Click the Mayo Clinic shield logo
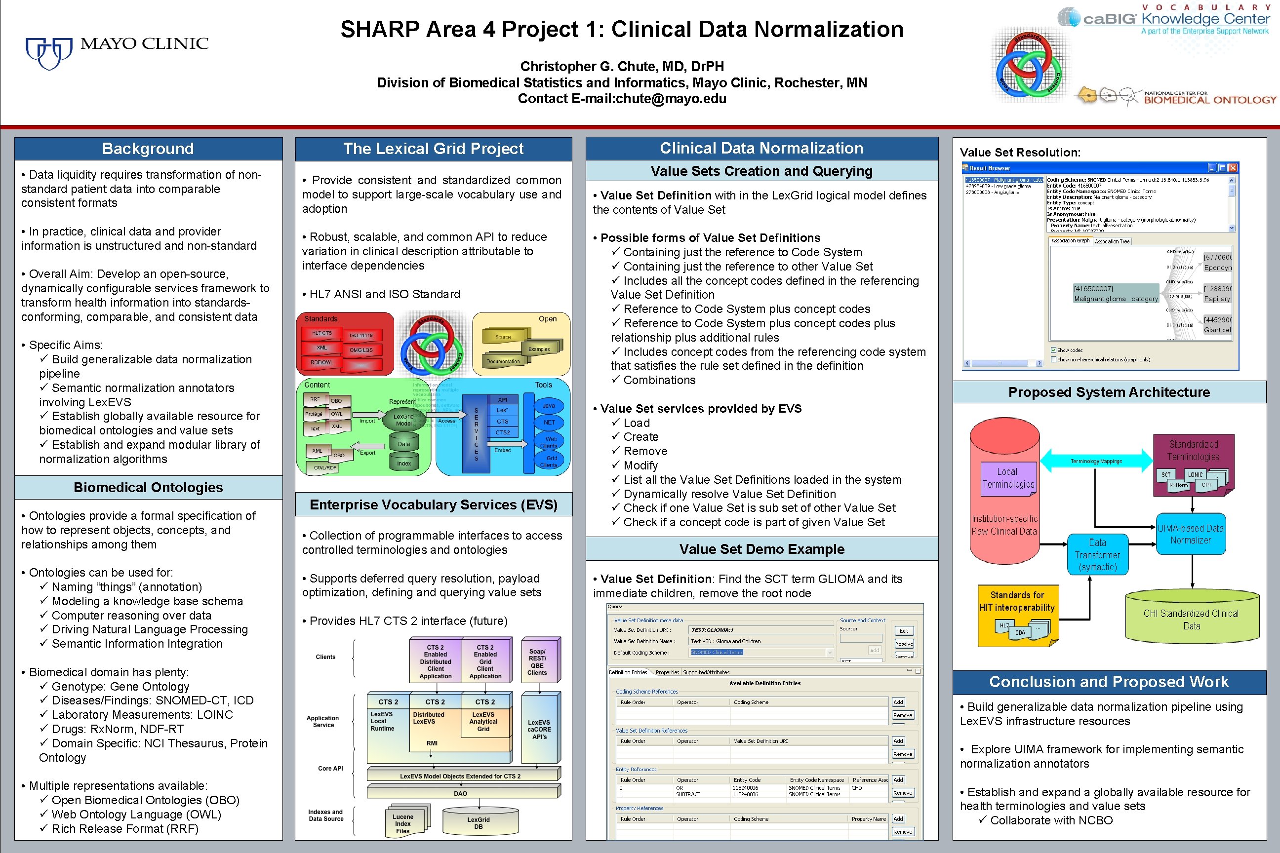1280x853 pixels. [49, 53]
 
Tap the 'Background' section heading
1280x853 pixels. [148, 149]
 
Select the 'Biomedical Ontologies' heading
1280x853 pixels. [148, 487]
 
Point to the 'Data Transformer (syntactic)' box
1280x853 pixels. [1097, 555]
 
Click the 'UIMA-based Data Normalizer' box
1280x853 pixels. [1190, 534]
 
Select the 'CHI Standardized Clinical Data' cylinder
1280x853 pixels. [1191, 619]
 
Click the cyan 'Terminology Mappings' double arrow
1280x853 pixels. [1096, 461]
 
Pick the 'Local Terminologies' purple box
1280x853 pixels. [1008, 478]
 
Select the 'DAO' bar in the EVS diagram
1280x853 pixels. [460, 793]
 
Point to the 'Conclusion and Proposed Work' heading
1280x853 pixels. [1109, 682]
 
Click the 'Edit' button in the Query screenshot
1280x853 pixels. [903, 631]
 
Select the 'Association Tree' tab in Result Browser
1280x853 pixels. [1112, 241]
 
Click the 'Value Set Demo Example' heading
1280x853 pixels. [761, 549]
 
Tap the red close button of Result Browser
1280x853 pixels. [1233, 168]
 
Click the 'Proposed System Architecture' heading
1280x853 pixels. [1109, 392]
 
